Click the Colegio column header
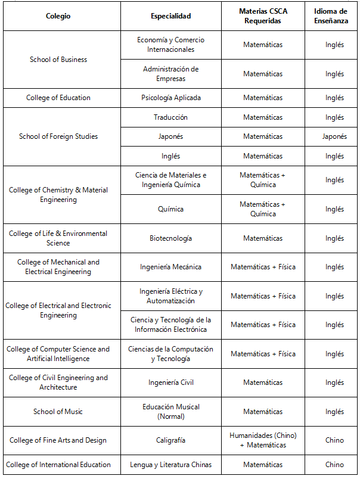tap(58, 16)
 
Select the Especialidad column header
tap(171, 16)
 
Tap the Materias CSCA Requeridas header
tap(263, 16)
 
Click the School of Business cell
tap(58, 60)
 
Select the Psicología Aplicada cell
tap(171, 98)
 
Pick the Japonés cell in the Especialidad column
tap(171, 136)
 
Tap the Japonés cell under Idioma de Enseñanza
tap(334, 136)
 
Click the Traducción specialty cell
tap(171, 117)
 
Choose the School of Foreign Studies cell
tap(58, 136)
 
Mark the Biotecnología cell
tap(171, 238)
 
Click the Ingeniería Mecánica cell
tap(171, 267)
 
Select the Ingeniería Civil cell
tap(171, 382)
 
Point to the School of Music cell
tap(58, 412)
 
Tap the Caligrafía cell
tap(171, 440)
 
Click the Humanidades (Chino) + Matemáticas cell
tap(263, 440)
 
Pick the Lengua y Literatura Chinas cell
tap(171, 465)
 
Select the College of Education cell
tap(58, 98)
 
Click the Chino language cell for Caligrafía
tap(334, 440)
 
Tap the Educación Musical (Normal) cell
tap(171, 412)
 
